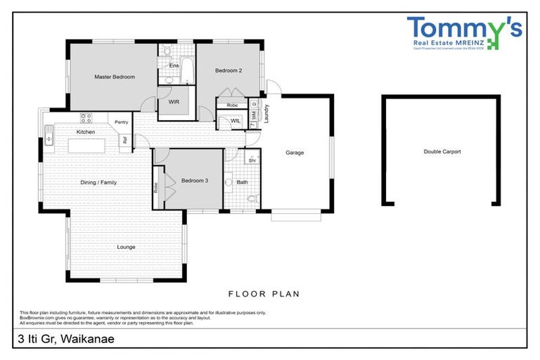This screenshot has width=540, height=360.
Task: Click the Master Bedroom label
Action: pyautogui.click(x=114, y=77)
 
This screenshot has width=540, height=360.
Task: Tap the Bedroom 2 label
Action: pyautogui.click(x=229, y=71)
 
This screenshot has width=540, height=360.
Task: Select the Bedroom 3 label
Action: pyautogui.click(x=195, y=181)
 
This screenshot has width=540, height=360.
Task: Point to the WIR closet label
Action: pyautogui.click(x=173, y=101)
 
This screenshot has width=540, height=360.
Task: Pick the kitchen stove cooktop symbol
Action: pyautogui.click(x=86, y=117)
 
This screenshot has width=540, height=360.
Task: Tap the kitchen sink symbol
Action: pyautogui.click(x=49, y=134)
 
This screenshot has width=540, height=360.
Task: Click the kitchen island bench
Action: pyautogui.click(x=86, y=146)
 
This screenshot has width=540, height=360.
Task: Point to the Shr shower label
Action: pyautogui.click(x=252, y=160)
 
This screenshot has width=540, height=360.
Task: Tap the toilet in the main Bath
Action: pyautogui.click(x=254, y=198)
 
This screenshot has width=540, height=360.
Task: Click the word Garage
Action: pyautogui.click(x=294, y=153)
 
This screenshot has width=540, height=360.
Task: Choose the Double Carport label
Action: pyautogui.click(x=442, y=151)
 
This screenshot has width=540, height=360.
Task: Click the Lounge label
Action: pyautogui.click(x=126, y=247)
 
